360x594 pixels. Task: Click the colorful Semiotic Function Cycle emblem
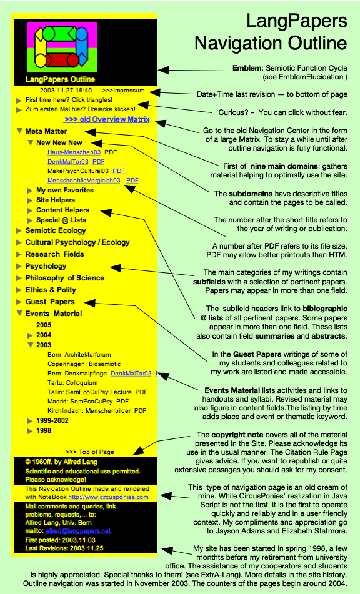click(62, 47)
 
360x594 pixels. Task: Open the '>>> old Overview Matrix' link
click(107, 119)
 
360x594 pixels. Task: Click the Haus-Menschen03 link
click(74, 152)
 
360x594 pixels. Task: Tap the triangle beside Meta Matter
click(20, 131)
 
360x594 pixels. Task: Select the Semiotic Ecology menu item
click(56, 230)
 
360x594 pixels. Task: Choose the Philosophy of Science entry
click(65, 278)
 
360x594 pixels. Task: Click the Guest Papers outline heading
click(50, 302)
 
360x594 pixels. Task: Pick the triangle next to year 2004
click(30, 335)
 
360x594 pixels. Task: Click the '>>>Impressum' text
click(123, 91)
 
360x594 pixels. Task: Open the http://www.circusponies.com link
click(108, 497)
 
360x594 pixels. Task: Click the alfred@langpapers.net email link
click(78, 531)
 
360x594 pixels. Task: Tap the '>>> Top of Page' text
click(90, 452)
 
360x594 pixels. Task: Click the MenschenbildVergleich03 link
click(84, 181)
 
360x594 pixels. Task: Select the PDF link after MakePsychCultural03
click(119, 171)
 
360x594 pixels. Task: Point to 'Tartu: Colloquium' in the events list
click(72, 383)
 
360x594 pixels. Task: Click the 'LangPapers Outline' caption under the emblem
click(60, 79)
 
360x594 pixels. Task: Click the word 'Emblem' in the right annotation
click(247, 68)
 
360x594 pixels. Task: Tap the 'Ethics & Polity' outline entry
click(51, 290)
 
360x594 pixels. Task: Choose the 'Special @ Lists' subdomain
click(61, 220)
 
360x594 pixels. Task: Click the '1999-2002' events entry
click(52, 420)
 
